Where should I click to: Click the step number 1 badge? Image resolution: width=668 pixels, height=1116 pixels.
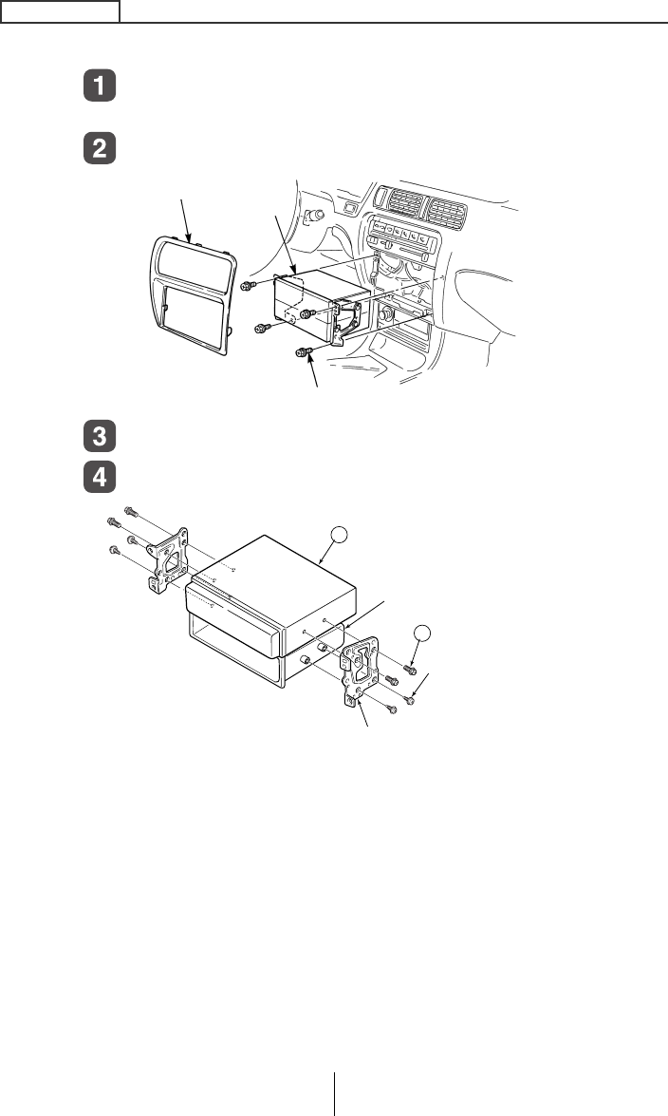pos(100,87)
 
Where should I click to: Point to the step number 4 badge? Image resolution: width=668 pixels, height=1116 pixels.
pos(100,476)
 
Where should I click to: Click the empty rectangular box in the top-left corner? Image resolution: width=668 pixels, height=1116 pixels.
pos(60,10)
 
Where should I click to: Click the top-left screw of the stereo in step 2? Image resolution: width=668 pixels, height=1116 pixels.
pos(248,287)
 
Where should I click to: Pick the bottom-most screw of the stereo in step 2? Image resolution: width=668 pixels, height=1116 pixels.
pos(303,353)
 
